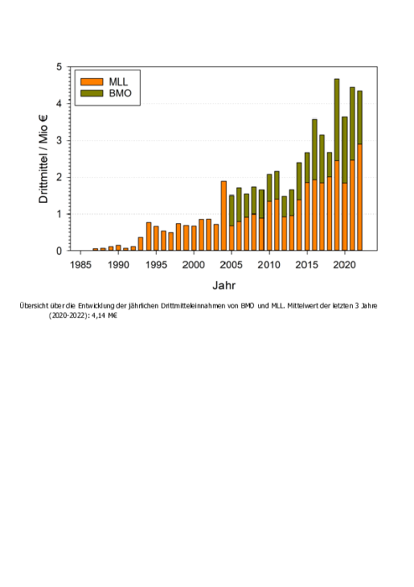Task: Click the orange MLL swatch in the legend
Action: (x=91, y=81)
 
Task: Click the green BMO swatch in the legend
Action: (x=91, y=93)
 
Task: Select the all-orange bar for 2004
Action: (x=224, y=216)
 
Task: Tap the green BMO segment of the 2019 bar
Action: (x=337, y=120)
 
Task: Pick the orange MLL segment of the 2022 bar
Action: (x=360, y=197)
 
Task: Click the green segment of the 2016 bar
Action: (x=314, y=150)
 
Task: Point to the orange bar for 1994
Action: (x=148, y=236)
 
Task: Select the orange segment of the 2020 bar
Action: (x=344, y=216)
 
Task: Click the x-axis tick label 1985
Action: (x=80, y=265)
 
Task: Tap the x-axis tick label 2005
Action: (x=231, y=265)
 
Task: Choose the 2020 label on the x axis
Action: (x=344, y=265)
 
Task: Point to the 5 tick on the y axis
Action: (x=59, y=67)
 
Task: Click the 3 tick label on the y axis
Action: (x=59, y=141)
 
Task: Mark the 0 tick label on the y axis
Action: (x=59, y=252)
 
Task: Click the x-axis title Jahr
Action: (x=224, y=285)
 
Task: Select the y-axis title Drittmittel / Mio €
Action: (x=44, y=159)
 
